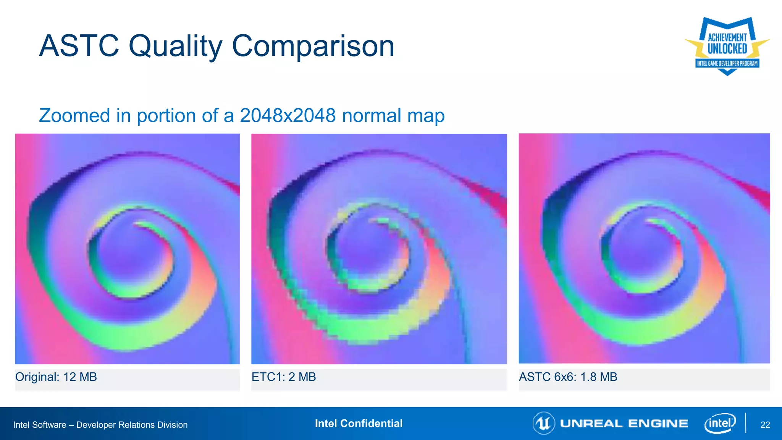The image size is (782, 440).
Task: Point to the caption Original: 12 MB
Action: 56,377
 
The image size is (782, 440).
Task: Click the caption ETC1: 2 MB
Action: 284,377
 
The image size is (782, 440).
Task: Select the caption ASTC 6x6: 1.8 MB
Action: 568,377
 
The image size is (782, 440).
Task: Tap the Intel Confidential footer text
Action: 359,423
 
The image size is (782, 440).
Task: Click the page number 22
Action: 765,425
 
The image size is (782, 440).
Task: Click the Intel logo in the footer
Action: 720,423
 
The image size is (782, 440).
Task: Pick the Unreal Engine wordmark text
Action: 624,424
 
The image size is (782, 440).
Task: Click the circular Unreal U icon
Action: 543,423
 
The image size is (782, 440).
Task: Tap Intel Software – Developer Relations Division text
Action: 100,425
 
